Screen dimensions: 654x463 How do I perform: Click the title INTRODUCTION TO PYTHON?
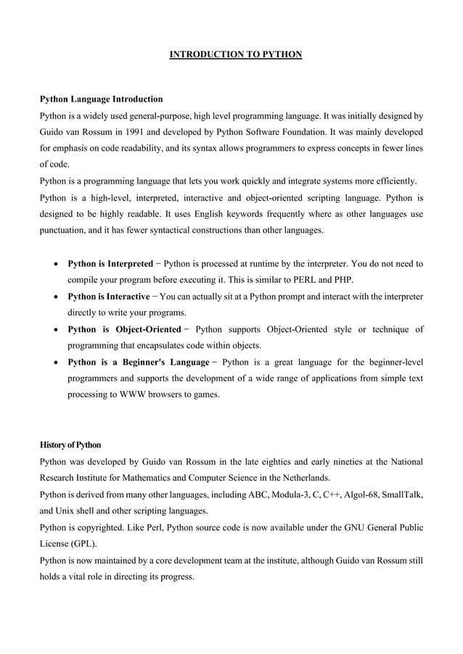coord(235,54)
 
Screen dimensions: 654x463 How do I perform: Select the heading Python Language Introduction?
coord(101,99)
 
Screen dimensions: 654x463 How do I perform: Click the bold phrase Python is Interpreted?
coord(110,263)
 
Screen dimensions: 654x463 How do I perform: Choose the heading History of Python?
coord(70,444)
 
